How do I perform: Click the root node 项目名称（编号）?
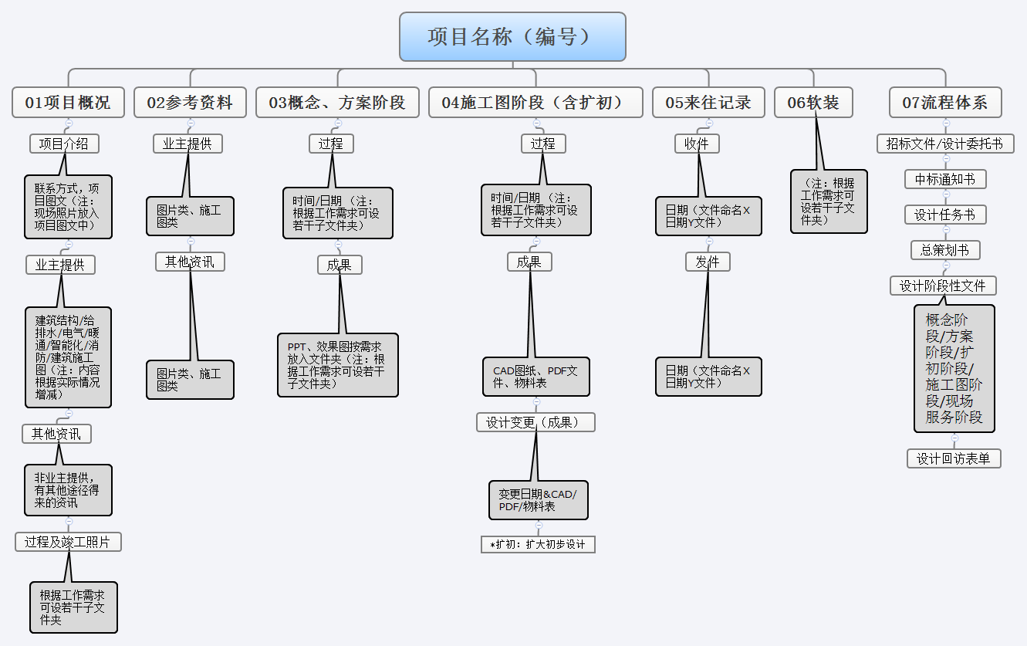tap(512, 36)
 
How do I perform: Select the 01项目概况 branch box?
tap(68, 103)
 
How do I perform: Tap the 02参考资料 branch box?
tap(190, 103)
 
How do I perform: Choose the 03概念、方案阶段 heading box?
tap(337, 103)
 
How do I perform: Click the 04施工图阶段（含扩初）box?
tap(535, 103)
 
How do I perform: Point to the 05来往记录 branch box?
tap(708, 103)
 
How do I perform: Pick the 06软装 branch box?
tap(813, 103)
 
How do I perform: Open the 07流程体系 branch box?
tap(945, 103)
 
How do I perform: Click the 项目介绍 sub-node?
tap(64, 144)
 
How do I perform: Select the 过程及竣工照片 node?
tap(68, 542)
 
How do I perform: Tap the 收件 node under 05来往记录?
tap(697, 144)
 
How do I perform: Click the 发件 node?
tap(708, 262)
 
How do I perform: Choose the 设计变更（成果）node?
tap(535, 422)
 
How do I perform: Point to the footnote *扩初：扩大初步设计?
tap(538, 544)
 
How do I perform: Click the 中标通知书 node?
tap(945, 179)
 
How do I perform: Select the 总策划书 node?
tap(945, 250)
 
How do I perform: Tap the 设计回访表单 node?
tap(954, 458)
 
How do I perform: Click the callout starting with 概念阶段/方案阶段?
tap(954, 368)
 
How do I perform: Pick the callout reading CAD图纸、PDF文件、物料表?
tap(535, 377)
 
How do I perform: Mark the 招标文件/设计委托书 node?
tap(945, 144)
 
